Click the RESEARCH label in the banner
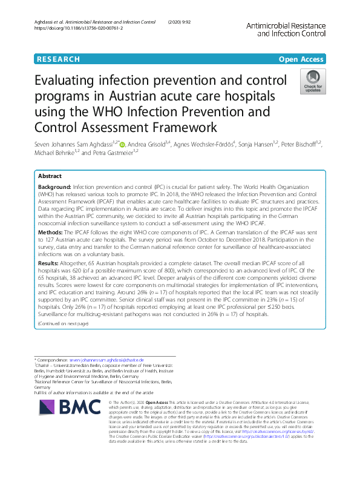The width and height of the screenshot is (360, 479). (x=58, y=59)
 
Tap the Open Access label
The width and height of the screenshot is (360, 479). (x=301, y=59)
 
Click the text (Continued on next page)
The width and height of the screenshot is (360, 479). (x=63, y=324)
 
